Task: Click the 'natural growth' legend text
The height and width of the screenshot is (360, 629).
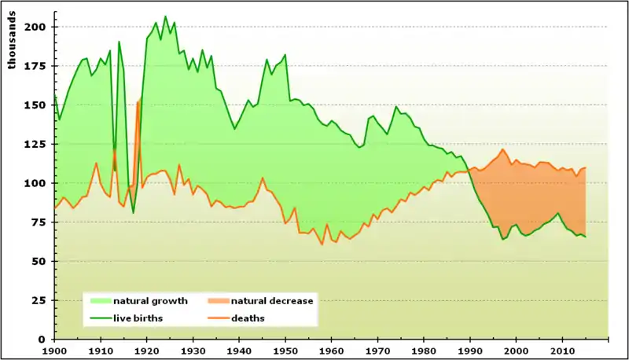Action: (150, 301)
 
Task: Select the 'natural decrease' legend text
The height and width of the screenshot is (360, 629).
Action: (271, 301)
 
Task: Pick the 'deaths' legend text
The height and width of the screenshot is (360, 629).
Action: (248, 318)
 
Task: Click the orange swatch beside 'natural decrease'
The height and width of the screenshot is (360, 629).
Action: (218, 301)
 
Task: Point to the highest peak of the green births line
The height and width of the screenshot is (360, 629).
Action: (165, 17)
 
